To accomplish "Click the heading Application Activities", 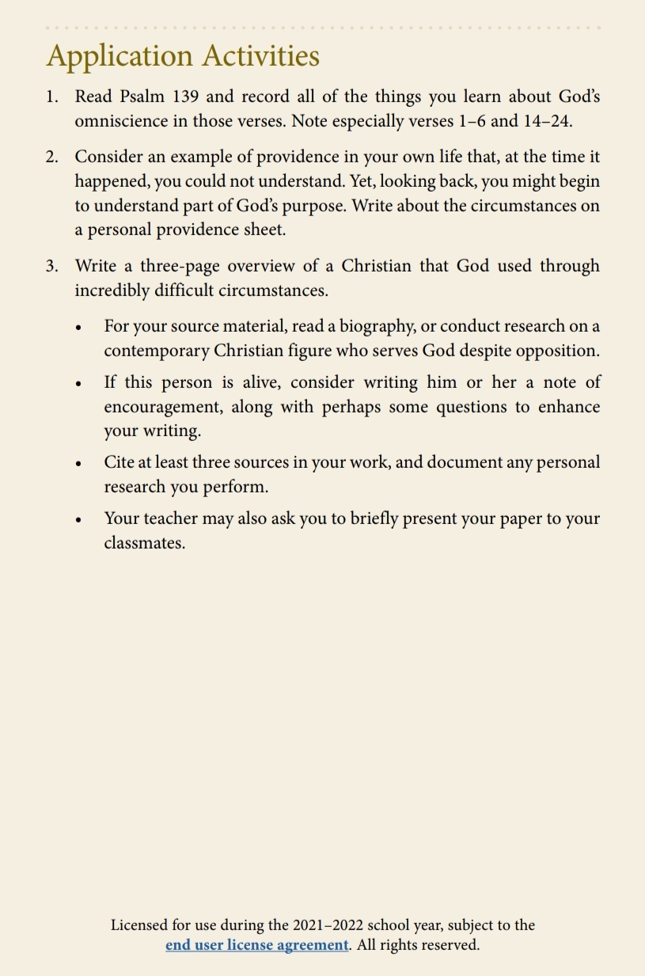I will click(x=183, y=56).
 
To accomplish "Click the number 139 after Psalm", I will click(x=184, y=97).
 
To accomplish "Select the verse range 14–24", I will click(x=546, y=121).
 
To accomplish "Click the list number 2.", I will click(x=51, y=157).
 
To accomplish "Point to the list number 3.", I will click(x=51, y=266).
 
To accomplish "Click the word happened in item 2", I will click(x=111, y=181).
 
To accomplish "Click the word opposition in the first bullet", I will click(x=557, y=351).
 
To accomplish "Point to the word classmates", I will click(x=144, y=543).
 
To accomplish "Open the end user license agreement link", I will click(x=257, y=945).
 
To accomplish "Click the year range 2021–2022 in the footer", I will click(x=328, y=925).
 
